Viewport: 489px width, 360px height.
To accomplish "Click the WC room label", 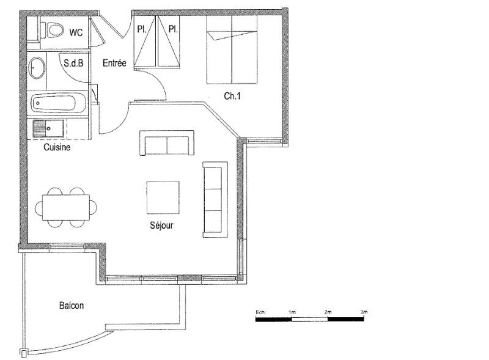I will pos(76,32).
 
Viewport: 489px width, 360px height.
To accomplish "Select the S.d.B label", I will pos(73,62).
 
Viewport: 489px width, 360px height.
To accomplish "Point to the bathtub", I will pos(59,103).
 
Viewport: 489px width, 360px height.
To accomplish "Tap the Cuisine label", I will pos(57,147).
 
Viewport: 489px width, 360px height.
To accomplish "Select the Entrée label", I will pos(114,62).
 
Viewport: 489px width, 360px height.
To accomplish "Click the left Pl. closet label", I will pos(141,29).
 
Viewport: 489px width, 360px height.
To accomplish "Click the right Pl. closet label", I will pos(173,29).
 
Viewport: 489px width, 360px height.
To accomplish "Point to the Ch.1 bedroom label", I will pos(232,95).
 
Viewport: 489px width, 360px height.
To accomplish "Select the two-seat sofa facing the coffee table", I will pos(167,143).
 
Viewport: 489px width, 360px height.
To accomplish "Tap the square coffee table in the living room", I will pos(163,197).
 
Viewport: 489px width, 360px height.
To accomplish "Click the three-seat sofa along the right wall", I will pos(215,199).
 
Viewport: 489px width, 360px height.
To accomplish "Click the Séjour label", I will pos(161,226).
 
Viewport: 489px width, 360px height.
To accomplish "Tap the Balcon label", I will pos(72,306).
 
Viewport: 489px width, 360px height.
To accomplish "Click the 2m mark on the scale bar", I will pos(328,312).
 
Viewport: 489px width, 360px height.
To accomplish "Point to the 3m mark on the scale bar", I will pos(364,312).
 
